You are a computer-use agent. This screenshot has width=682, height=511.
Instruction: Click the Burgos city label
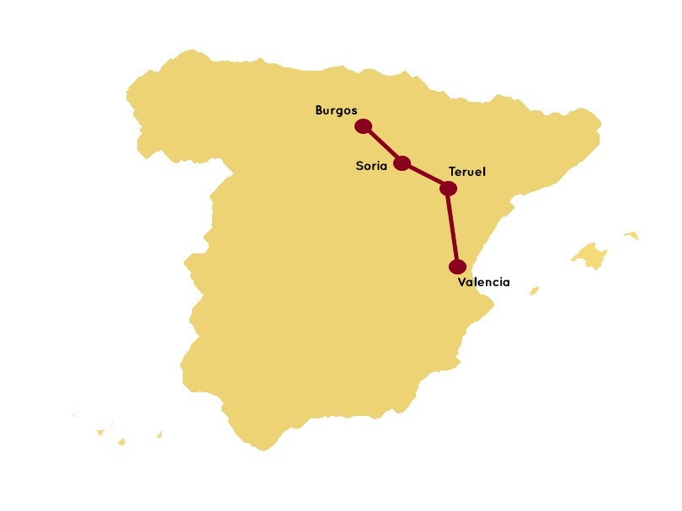tap(336, 110)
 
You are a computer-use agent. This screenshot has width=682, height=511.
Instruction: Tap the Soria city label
tap(371, 166)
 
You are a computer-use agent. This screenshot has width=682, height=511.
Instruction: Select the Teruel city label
tap(467, 172)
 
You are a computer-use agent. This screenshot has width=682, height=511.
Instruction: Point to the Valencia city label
tap(483, 282)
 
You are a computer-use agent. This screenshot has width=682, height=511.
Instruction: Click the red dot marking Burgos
tap(363, 126)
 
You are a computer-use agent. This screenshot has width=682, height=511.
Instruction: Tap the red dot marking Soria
tap(402, 163)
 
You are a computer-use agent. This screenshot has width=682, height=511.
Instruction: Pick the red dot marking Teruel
tap(448, 189)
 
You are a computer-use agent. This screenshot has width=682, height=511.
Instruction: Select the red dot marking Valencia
tap(457, 267)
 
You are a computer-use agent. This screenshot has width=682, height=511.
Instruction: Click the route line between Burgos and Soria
tap(382, 145)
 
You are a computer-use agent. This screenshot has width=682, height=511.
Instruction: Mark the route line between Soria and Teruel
tap(425, 176)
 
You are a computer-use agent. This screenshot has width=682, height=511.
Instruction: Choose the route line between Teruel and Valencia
tap(453, 228)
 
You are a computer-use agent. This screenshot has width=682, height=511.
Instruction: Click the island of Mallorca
tap(590, 254)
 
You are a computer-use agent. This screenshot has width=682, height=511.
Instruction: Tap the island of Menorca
tap(631, 235)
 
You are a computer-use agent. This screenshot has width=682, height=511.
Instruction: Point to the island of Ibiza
tap(534, 291)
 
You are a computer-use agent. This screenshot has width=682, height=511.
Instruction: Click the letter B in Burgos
tap(319, 110)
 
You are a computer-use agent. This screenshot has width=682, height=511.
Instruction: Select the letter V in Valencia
tap(461, 282)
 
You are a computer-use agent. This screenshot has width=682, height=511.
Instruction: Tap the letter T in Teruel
tap(452, 172)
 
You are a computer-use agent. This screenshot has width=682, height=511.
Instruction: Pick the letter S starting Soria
tap(360, 166)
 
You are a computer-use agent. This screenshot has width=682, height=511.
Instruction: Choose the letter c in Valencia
tap(496, 283)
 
